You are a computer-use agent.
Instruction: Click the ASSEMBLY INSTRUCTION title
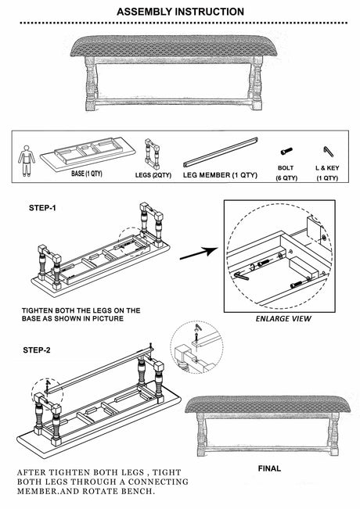coord(180,12)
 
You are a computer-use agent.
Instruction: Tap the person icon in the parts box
coord(27,161)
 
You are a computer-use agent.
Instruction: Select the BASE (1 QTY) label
coord(87,174)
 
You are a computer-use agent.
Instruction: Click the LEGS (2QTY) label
coord(153,175)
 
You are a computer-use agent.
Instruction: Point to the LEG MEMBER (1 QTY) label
coord(220,175)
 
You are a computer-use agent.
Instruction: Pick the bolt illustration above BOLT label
coord(286,151)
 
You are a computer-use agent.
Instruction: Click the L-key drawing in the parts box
coord(328,151)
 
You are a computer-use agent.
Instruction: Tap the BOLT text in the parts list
coord(286,168)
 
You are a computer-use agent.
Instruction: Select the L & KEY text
coord(327,168)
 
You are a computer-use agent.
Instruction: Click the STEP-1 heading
coord(42,208)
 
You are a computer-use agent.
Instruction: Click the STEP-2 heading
coord(37,350)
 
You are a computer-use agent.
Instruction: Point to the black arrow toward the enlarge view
coord(199,253)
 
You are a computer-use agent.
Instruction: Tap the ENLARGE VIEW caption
coord(283,319)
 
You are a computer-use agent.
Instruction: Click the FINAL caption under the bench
coord(269,468)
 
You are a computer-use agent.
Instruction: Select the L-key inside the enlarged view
coord(241,276)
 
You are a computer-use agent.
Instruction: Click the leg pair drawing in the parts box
coord(152,154)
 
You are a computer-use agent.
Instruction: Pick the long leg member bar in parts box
coord(221,152)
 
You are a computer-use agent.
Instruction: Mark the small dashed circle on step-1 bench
coord(132,242)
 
